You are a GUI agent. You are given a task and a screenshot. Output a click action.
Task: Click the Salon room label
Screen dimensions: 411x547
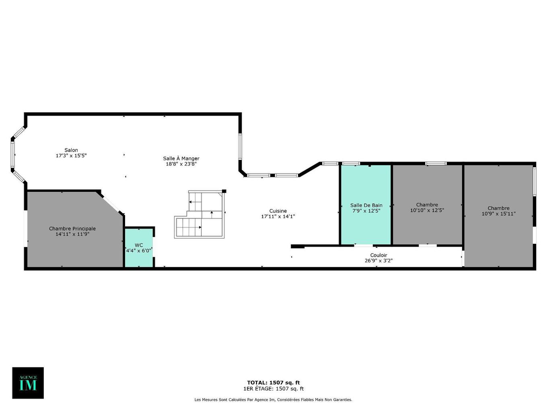pos(71,150)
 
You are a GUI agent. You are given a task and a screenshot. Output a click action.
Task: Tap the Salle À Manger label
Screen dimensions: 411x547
pos(181,158)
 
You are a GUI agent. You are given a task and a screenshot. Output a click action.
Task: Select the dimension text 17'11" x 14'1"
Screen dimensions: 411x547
pos(278,216)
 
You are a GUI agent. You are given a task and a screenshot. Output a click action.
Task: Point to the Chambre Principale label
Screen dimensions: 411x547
pos(72,228)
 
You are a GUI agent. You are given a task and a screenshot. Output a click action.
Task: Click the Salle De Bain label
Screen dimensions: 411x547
pos(366,205)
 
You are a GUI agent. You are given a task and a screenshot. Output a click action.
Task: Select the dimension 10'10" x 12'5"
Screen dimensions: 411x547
pos(427,210)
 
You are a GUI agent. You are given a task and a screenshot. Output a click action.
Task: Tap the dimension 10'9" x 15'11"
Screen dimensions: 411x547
pos(498,214)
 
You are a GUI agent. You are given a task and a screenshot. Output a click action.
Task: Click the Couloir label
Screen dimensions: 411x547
pos(378,255)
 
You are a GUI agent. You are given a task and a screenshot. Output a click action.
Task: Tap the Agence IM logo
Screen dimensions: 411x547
pos(28,383)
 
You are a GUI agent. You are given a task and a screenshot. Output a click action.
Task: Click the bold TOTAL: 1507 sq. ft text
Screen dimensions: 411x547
pos(273,382)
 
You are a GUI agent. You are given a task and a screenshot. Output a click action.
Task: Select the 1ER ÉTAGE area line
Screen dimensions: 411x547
pos(273,389)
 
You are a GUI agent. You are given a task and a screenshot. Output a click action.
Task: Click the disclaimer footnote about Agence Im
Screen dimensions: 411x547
pos(273,400)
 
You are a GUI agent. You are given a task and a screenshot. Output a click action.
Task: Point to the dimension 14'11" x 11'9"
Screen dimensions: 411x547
pos(72,234)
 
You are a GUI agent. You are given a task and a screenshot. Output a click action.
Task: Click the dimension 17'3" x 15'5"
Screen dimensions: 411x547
pos(71,156)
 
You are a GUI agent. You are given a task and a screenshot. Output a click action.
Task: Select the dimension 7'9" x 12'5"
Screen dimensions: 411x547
pos(366,211)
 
